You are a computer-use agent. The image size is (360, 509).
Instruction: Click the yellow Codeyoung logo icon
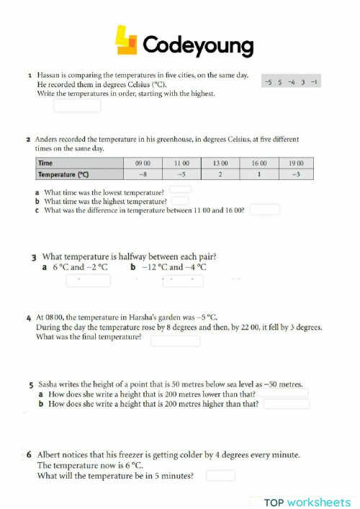point(127,41)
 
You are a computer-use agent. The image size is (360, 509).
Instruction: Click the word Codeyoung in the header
point(198,45)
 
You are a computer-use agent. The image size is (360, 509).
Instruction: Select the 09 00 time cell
point(143,163)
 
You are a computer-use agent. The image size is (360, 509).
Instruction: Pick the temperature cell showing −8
point(143,174)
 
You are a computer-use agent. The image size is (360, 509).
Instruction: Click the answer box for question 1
point(77,106)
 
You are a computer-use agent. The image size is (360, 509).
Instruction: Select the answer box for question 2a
point(180,191)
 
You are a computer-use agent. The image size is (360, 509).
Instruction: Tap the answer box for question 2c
point(264,210)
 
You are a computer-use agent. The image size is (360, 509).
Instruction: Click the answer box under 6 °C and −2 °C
point(88,281)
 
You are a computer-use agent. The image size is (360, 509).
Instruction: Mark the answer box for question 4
point(175,341)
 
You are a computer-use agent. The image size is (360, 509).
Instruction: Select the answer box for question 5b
point(287,405)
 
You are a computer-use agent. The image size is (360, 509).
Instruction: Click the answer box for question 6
point(221,476)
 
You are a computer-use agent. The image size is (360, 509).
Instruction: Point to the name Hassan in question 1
point(48,75)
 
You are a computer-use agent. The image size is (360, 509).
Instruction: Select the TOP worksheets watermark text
point(307,502)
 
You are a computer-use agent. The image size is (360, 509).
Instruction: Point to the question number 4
point(28,317)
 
